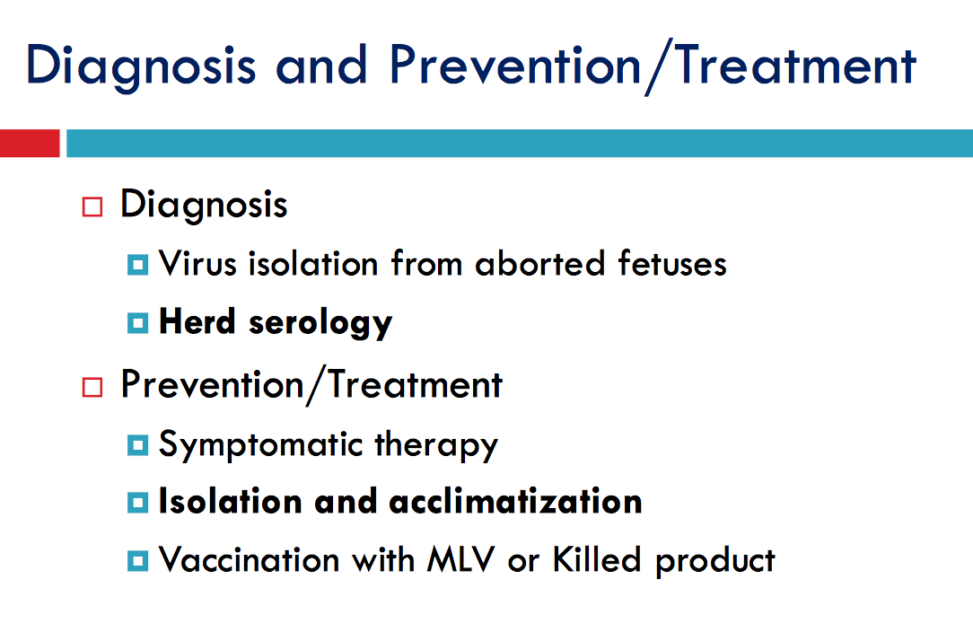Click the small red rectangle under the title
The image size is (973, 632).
click(x=30, y=143)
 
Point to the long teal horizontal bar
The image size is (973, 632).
click(x=520, y=143)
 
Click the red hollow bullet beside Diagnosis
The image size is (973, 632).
click(x=92, y=206)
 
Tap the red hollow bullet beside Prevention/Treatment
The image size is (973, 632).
click(x=92, y=387)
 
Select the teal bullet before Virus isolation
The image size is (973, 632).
click(x=137, y=265)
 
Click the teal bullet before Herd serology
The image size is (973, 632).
click(x=137, y=323)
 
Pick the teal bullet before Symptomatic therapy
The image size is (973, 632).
click(x=137, y=445)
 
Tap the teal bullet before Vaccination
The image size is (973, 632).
click(x=137, y=560)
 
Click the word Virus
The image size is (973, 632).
click(x=198, y=263)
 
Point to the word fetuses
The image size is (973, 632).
click(x=672, y=263)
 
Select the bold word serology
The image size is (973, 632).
click(x=320, y=323)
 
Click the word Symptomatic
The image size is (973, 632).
click(x=260, y=446)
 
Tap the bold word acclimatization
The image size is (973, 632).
click(x=515, y=501)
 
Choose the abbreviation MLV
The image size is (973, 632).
click(x=461, y=559)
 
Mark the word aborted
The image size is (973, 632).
click(x=539, y=263)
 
